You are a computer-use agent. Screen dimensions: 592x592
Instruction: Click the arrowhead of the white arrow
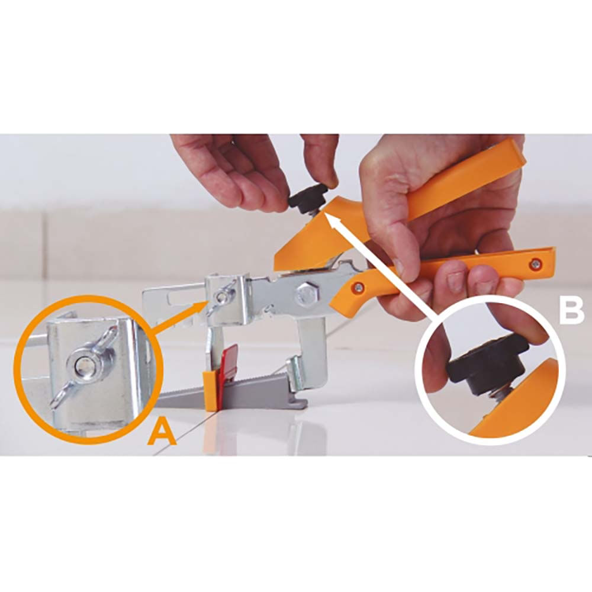tap(326, 215)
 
